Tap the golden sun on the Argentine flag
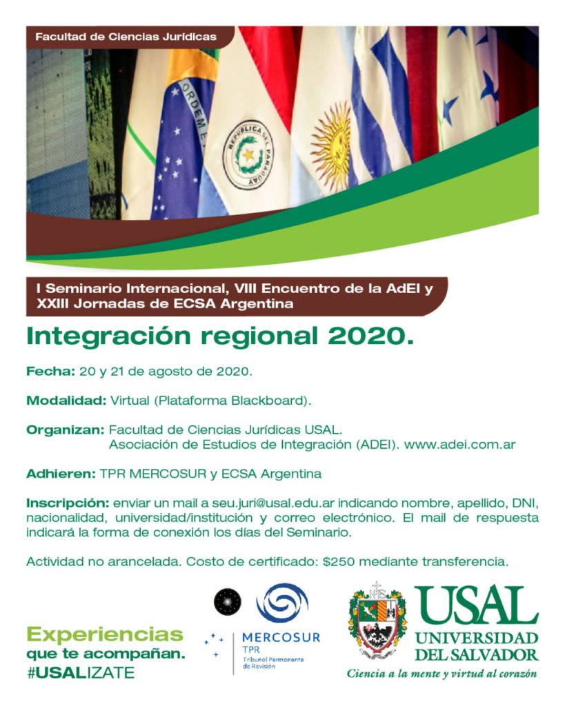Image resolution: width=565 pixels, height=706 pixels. coord(332,137)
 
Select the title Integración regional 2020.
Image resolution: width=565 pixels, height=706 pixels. coord(220,336)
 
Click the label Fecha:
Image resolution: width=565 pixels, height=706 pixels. coord(50,372)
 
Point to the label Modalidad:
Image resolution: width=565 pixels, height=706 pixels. coord(66,401)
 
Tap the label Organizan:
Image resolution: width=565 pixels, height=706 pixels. coord(66,430)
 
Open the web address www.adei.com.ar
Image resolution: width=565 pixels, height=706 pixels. coord(459,445)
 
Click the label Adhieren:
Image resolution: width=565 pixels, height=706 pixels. coord(61,474)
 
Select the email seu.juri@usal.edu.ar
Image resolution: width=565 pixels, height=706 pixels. coord(273,503)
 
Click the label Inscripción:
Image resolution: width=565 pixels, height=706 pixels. coord(68,503)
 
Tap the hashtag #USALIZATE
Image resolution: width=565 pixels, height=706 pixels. coord(80,673)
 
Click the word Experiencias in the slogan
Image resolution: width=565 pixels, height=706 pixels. coord(105,635)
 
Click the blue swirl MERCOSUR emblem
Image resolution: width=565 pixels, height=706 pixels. coord(282,603)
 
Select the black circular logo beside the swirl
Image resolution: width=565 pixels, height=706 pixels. coord(228,602)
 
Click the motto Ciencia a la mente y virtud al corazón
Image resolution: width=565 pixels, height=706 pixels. coord(442,674)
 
